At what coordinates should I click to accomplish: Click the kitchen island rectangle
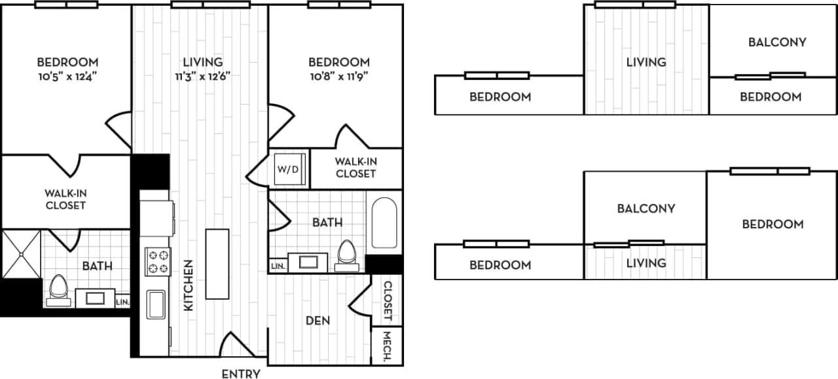tap(217, 263)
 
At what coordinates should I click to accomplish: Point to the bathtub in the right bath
tap(384, 223)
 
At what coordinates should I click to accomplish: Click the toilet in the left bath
tap(59, 289)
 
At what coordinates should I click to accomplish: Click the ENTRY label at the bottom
tap(241, 374)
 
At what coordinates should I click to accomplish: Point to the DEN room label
tap(318, 321)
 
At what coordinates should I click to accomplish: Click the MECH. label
tap(387, 346)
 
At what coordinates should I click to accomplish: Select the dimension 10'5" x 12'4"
tap(67, 75)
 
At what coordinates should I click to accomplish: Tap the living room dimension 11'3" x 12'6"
tap(202, 75)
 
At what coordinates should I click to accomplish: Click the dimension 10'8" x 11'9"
tap(339, 75)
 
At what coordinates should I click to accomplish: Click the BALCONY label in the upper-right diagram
tap(776, 42)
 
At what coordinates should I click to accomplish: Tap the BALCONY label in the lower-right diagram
tap(646, 208)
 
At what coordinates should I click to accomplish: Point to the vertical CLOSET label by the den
tap(387, 300)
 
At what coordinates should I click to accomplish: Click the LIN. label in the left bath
tap(122, 302)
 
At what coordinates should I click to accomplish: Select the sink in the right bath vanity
tap(308, 262)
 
